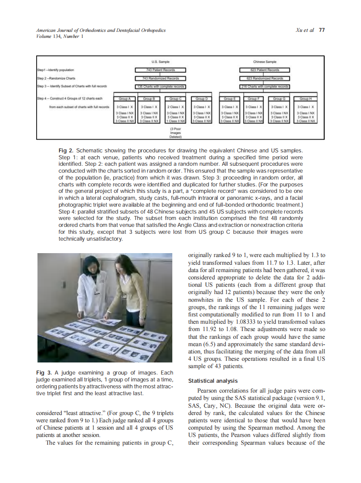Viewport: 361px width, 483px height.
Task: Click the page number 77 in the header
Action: click(x=321, y=30)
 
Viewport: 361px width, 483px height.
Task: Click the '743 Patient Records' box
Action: click(x=160, y=70)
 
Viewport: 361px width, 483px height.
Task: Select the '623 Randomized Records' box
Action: click(x=265, y=78)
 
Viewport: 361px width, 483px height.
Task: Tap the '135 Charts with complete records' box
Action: click(x=160, y=87)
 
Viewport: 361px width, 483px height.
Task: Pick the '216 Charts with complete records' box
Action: click(x=265, y=87)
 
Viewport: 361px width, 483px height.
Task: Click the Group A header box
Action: click(x=124, y=99)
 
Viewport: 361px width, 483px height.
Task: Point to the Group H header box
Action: click(x=307, y=99)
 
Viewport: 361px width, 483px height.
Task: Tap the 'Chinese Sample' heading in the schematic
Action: click(x=265, y=62)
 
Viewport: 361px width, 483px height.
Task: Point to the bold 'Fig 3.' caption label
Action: click(x=43, y=372)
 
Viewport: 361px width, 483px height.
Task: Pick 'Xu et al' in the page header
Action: click(x=305, y=30)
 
